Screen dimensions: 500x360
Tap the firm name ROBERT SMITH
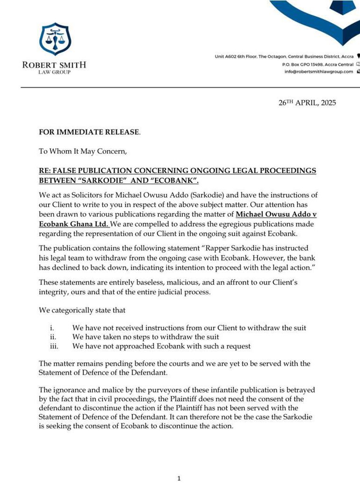click(54, 65)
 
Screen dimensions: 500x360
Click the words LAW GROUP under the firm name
click(54, 72)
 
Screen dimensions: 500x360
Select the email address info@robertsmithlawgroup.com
click(318, 71)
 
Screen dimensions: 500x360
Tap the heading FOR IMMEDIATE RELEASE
click(89, 132)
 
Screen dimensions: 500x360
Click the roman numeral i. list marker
click(52, 328)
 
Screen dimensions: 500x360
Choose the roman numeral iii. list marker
click(53, 346)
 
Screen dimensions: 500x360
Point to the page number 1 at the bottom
click(179, 478)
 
